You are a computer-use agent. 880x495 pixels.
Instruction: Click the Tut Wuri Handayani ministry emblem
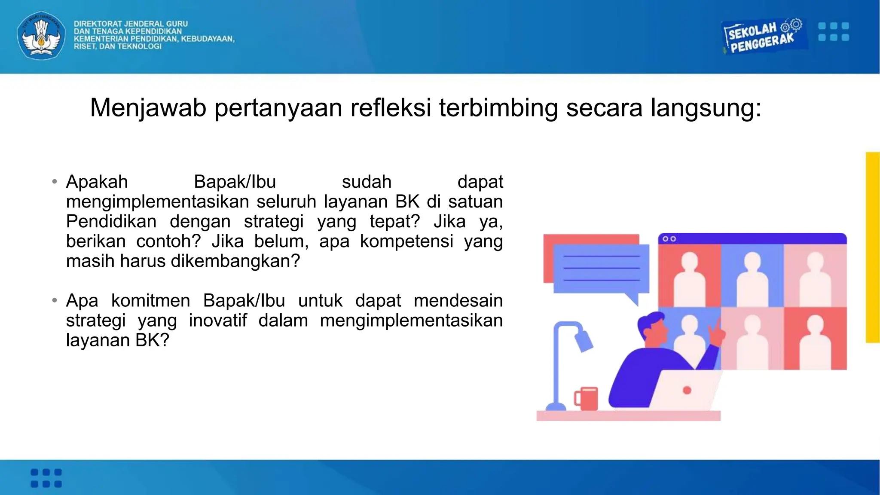click(41, 36)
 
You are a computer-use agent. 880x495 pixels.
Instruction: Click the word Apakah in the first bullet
click(97, 182)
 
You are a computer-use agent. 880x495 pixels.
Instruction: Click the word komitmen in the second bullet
click(150, 300)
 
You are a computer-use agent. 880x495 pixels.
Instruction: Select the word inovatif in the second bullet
click(218, 320)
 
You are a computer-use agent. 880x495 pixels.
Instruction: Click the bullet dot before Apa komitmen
click(55, 300)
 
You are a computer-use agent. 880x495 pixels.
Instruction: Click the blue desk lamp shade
click(584, 341)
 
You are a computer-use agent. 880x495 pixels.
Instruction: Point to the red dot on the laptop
click(687, 390)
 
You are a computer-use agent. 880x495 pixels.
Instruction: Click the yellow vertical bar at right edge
click(873, 247)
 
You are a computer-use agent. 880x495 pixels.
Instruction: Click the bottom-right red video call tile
click(815, 339)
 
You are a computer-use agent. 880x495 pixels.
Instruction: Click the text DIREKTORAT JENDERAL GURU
click(131, 24)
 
